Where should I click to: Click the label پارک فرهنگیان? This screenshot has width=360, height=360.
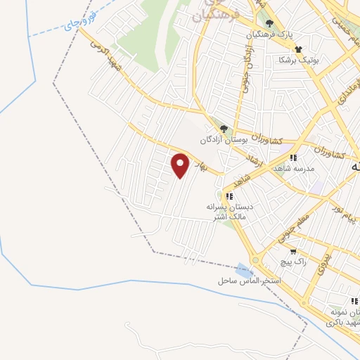pyautogui.click(x=269, y=34)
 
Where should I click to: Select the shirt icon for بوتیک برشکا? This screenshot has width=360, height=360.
pyautogui.click(x=298, y=49)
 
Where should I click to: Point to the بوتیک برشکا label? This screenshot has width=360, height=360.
pyautogui.click(x=298, y=59)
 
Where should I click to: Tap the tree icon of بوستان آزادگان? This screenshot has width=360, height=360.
pyautogui.click(x=224, y=129)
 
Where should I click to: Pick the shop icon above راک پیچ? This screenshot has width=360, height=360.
pyautogui.click(x=293, y=251)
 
